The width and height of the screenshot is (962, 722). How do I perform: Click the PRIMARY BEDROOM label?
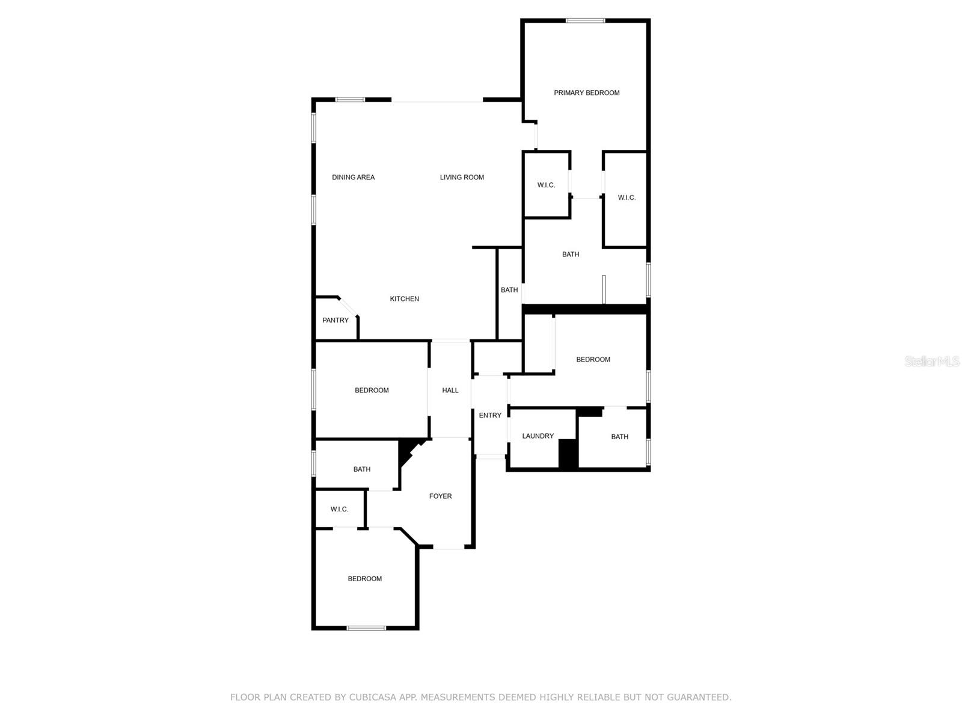pyautogui.click(x=586, y=93)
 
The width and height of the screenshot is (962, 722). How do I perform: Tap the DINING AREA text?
pyautogui.click(x=353, y=177)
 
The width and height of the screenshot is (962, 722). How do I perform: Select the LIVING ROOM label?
pyautogui.click(x=462, y=177)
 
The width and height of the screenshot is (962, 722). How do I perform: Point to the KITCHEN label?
pyautogui.click(x=404, y=299)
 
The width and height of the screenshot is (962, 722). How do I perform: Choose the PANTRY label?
pyautogui.click(x=335, y=320)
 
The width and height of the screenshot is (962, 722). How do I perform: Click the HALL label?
pyautogui.click(x=450, y=390)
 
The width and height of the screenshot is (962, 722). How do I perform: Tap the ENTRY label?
pyautogui.click(x=490, y=415)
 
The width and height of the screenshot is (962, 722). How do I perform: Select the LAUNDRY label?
pyautogui.click(x=538, y=436)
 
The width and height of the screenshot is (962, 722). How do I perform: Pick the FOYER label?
pyautogui.click(x=440, y=496)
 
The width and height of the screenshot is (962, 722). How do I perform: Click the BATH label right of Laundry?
pyautogui.click(x=619, y=437)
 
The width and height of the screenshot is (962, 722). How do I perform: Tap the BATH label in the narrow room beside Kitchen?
pyautogui.click(x=509, y=290)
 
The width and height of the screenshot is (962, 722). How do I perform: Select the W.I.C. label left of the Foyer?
pyautogui.click(x=339, y=510)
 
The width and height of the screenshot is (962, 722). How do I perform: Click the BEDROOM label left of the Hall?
pyautogui.click(x=372, y=390)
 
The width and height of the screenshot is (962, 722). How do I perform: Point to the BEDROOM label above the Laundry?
pyautogui.click(x=593, y=360)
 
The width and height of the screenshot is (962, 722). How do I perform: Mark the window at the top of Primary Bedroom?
pyautogui.click(x=585, y=21)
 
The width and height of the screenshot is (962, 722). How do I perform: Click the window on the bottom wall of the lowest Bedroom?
pyautogui.click(x=366, y=628)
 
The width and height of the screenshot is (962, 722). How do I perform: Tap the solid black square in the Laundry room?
pyautogui.click(x=568, y=453)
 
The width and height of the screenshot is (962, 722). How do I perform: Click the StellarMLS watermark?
pyautogui.click(x=931, y=362)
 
